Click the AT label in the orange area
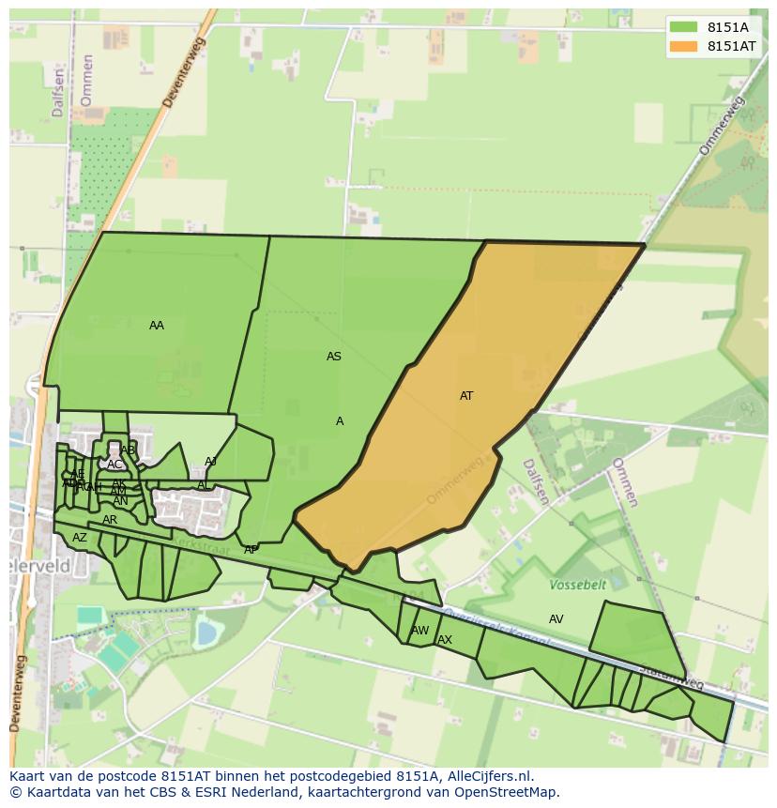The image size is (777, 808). click(466, 396)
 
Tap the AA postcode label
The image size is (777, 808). click(157, 326)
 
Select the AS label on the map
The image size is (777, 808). click(334, 357)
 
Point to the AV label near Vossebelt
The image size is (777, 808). click(556, 619)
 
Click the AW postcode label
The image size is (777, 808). click(420, 631)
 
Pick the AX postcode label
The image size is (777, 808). click(445, 640)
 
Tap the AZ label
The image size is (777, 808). click(80, 538)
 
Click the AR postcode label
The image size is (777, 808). click(110, 520)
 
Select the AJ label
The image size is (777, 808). click(210, 462)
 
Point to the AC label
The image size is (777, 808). click(114, 465)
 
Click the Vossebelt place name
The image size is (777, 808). click(578, 585)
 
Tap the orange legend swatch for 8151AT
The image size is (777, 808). click(684, 46)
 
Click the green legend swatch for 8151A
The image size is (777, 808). click(684, 27)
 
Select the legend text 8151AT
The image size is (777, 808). click(732, 46)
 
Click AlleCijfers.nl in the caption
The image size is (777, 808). click(487, 776)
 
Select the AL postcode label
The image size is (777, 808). click(203, 485)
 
